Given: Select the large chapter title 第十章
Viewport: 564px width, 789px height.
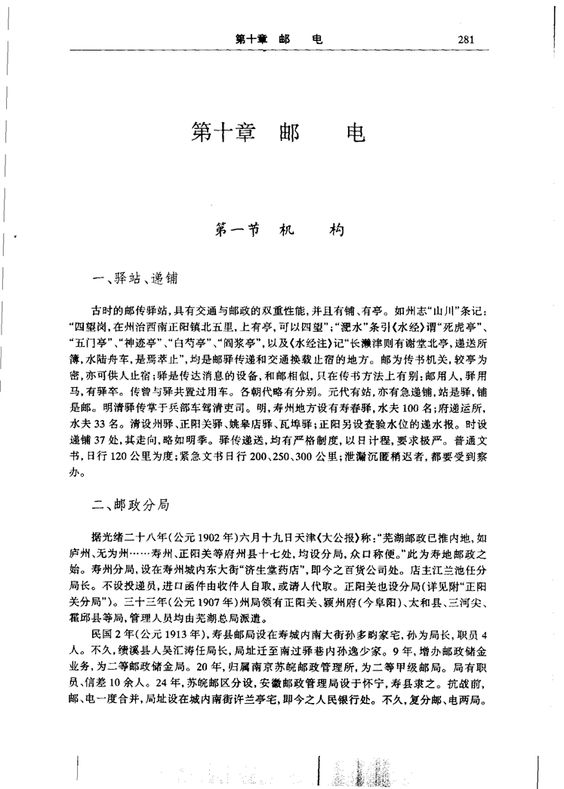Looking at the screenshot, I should (220, 130).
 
